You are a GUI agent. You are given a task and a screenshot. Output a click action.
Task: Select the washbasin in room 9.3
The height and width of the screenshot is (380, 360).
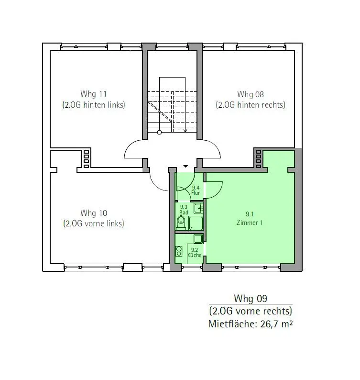point(198,208)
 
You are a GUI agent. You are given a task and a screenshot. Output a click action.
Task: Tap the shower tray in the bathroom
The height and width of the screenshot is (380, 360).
point(196,223)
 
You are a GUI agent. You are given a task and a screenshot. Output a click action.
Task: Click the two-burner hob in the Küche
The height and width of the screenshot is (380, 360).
point(179,251)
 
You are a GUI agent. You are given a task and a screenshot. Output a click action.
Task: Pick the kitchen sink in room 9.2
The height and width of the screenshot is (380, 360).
point(198,239)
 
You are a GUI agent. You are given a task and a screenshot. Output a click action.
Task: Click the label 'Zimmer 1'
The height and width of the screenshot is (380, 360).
point(250,223)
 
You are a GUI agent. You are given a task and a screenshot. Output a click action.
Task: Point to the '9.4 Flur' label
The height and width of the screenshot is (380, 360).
point(196,190)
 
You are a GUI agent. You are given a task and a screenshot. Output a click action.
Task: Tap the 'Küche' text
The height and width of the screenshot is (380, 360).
point(195,255)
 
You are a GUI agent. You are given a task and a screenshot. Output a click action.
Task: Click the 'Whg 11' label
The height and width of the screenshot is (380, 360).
point(93,94)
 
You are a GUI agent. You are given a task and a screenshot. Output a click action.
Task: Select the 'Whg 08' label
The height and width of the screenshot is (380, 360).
point(251,94)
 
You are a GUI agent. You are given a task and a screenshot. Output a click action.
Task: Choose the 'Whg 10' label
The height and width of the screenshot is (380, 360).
point(94,213)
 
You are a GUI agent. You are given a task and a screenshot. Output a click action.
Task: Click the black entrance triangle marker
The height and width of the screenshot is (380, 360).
point(185,166)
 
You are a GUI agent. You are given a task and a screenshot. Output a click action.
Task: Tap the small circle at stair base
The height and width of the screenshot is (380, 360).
point(159,132)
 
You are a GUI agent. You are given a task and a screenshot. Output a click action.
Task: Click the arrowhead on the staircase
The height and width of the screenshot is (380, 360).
point(185,131)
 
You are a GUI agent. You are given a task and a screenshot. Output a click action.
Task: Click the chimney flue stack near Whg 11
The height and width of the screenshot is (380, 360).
point(87,159)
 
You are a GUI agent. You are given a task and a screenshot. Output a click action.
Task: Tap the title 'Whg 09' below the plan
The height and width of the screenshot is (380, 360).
point(251,298)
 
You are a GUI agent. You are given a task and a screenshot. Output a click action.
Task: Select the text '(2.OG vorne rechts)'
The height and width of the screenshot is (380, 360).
point(251,311)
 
